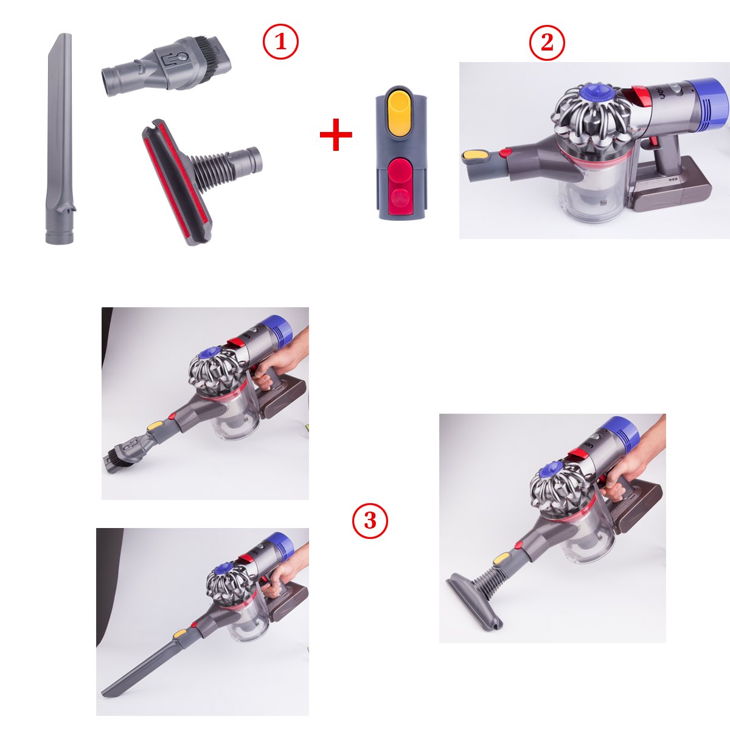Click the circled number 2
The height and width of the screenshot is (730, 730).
tap(547, 43)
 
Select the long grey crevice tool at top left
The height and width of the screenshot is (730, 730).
tap(58, 140)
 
